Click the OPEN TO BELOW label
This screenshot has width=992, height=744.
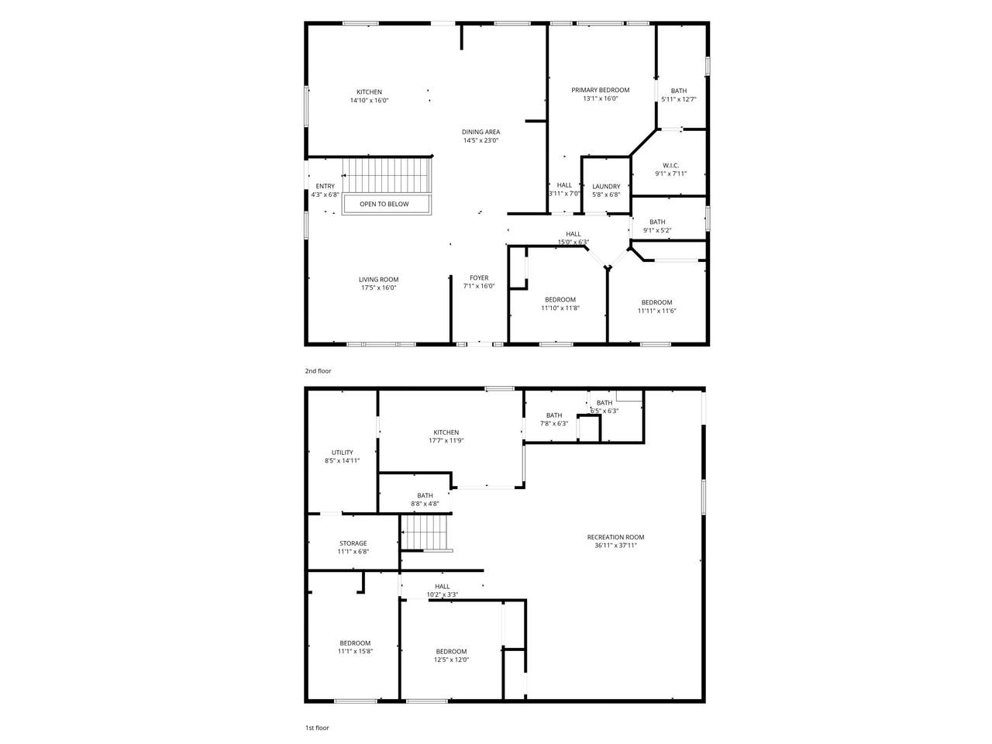coord(384,204)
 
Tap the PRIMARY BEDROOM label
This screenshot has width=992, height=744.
coord(600,90)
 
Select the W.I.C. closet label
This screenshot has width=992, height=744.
coord(670,165)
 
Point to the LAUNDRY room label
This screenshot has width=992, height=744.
coord(606,186)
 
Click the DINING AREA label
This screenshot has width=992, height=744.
coord(480,132)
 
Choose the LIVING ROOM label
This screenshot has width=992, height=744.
coord(379,280)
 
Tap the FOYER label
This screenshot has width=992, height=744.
coord(479,277)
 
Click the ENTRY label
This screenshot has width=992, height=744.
coord(325,186)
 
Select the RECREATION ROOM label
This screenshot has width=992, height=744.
coord(615,537)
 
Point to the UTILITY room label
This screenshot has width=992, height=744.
coord(342,453)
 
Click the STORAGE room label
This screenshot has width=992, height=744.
coord(353,543)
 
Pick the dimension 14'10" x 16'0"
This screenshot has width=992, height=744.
coord(369,100)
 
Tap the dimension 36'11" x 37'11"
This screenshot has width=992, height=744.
coord(615,546)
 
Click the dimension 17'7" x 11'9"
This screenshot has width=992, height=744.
coord(446,440)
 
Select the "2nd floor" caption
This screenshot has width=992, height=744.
coord(318,371)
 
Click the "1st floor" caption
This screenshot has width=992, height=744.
coord(317,728)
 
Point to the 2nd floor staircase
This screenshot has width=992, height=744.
coord(386,175)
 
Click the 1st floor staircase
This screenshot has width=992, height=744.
coord(425,533)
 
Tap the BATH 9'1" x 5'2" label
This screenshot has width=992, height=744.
coord(657,226)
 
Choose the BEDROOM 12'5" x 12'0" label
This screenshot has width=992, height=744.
coord(451,656)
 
